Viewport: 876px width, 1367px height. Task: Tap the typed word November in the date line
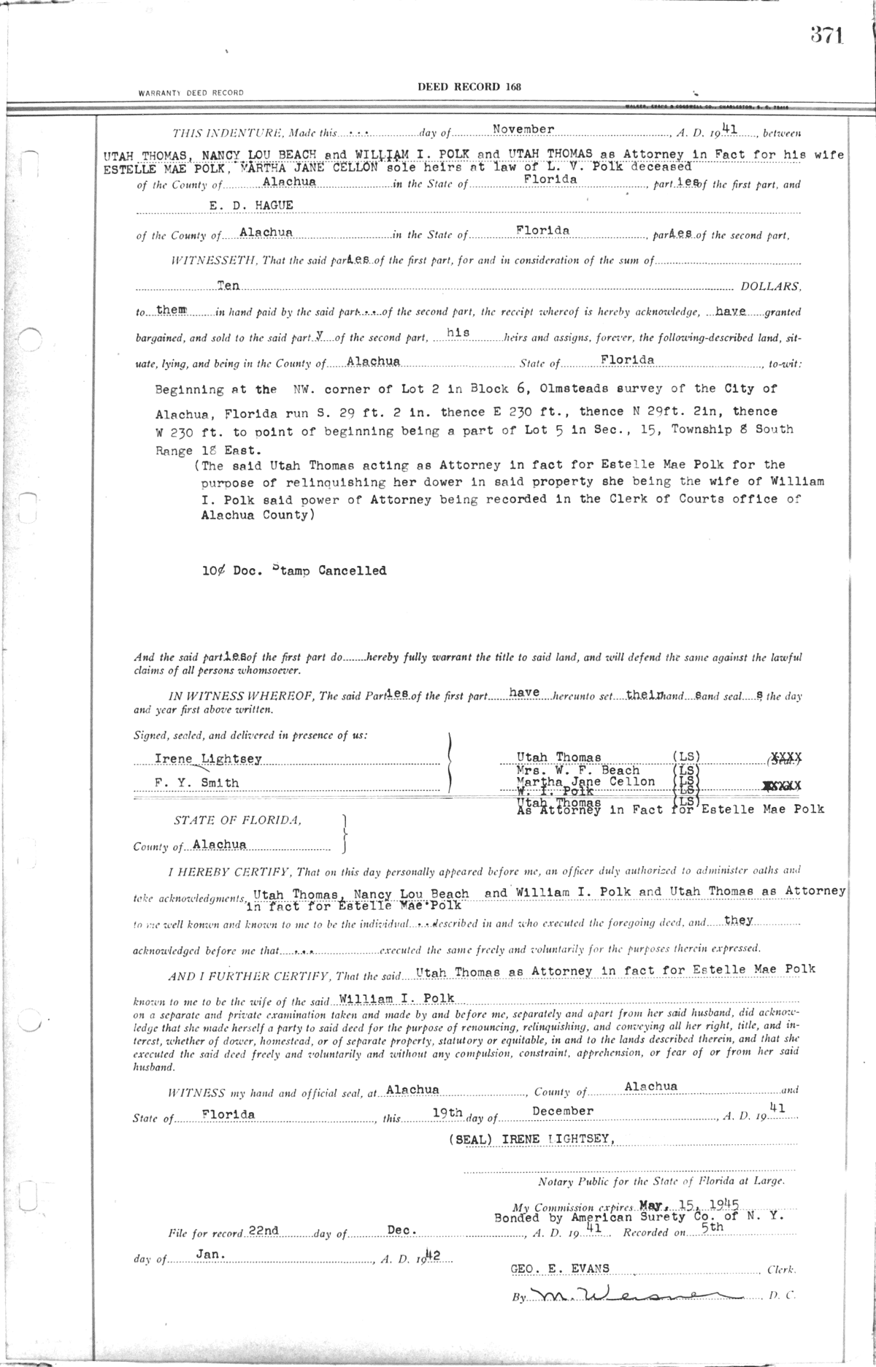click(x=523, y=129)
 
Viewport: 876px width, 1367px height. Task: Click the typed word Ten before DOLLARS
click(x=229, y=286)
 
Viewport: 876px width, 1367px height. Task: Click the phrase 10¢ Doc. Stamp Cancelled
click(x=294, y=571)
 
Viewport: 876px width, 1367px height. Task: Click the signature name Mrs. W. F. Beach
click(x=577, y=770)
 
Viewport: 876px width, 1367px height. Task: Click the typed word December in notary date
click(x=562, y=1111)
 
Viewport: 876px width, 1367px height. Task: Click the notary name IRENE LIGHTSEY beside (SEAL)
click(x=556, y=1140)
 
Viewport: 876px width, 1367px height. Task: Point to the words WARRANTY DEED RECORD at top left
click(x=191, y=93)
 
